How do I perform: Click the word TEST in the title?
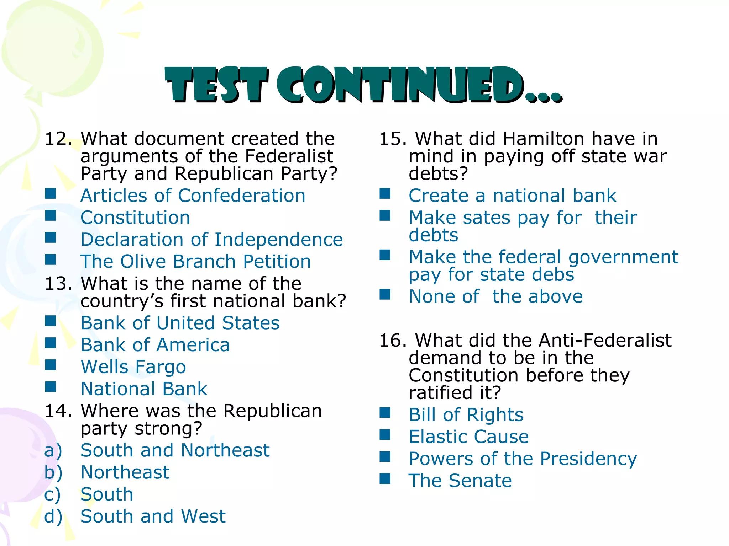216,85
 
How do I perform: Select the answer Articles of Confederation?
193,196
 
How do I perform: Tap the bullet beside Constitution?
51,216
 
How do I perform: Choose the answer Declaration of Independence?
211,240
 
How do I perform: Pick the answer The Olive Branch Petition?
195,262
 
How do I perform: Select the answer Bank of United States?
180,323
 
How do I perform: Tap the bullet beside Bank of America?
51,343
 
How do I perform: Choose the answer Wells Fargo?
133,367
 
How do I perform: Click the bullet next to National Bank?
51,387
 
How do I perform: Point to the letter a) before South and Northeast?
53,451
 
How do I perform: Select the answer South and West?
153,516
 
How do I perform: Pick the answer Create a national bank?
512,196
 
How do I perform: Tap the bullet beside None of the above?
385,295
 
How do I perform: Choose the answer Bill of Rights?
466,415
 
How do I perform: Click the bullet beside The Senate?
385,479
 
